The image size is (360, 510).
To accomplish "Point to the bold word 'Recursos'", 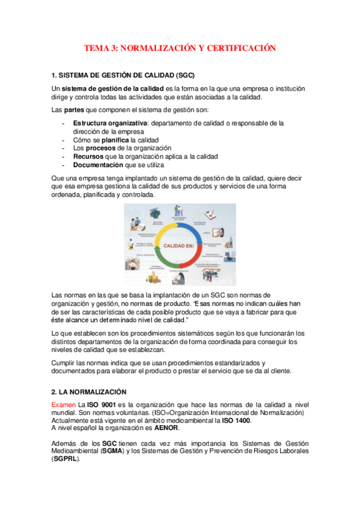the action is coord(88,156).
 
